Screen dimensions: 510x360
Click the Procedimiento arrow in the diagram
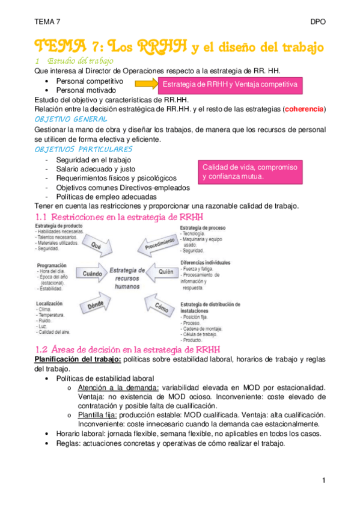coord(160,244)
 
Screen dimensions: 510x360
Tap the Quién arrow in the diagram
coord(163,272)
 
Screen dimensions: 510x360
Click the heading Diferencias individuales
coord(205,262)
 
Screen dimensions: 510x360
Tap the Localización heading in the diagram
coord(49,304)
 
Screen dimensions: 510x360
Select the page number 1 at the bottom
coord(323,481)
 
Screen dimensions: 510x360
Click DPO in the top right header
coord(318,21)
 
